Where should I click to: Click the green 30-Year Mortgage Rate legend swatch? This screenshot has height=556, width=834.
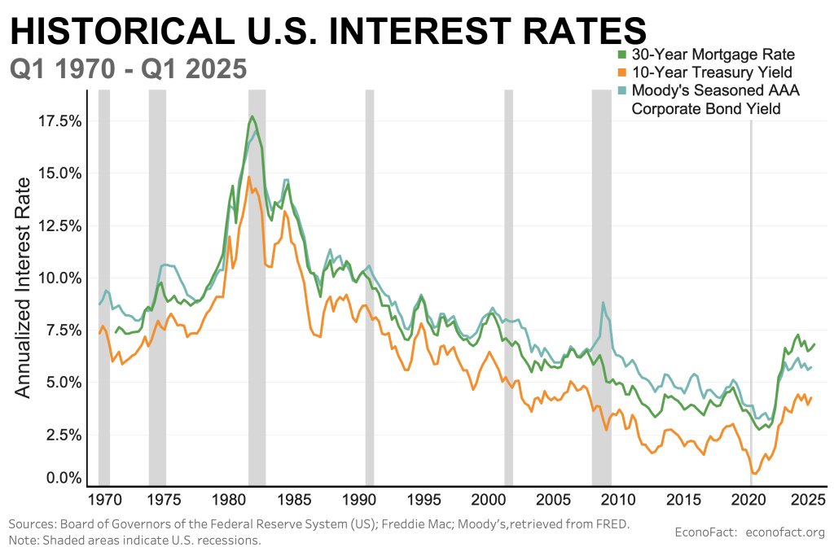pos(622,56)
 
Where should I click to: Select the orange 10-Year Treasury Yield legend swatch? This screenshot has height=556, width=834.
pos(622,73)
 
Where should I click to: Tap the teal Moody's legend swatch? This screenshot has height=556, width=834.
pos(622,90)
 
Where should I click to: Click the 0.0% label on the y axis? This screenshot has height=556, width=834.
pos(62,478)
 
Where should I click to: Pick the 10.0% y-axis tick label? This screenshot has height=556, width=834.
pos(58,278)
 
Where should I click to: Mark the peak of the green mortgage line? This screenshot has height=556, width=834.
pos(252,116)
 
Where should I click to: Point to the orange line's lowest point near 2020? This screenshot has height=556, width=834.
pos(755,473)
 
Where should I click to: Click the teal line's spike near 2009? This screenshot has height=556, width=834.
pos(603,303)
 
